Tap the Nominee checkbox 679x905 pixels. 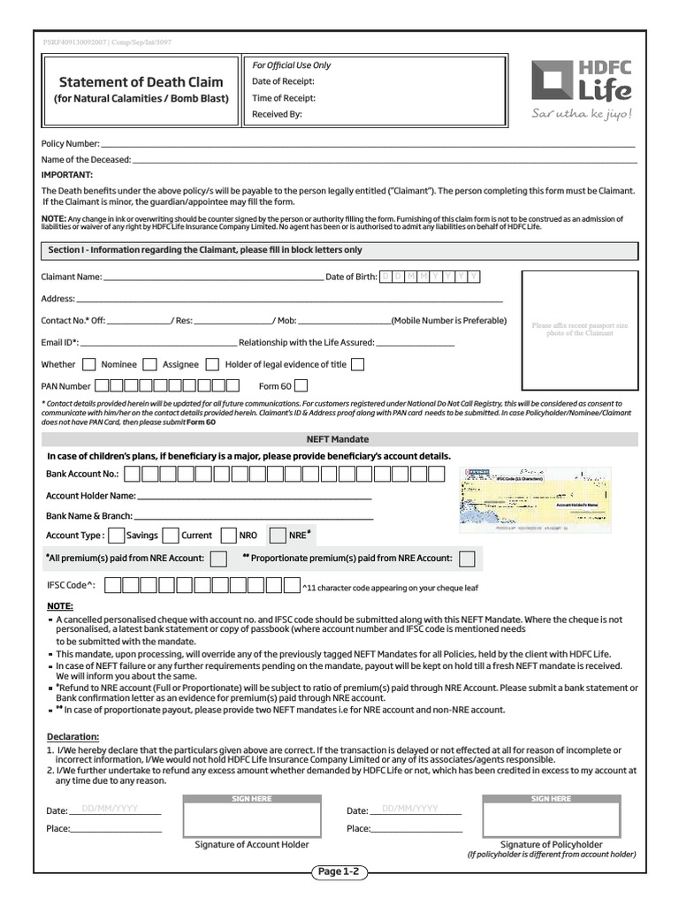pyautogui.click(x=89, y=364)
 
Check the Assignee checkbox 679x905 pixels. pyautogui.click(x=150, y=364)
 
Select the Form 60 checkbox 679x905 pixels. pyautogui.click(x=301, y=385)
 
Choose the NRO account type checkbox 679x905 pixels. pyautogui.click(x=228, y=535)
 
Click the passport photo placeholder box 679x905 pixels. pyautogui.click(x=579, y=329)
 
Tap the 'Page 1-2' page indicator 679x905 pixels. pyautogui.click(x=339, y=872)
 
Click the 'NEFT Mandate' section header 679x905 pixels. pyautogui.click(x=338, y=439)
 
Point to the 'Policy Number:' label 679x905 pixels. pyautogui.click(x=71, y=143)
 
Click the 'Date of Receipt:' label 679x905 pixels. pyautogui.click(x=283, y=81)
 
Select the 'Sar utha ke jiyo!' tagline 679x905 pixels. pyautogui.click(x=582, y=113)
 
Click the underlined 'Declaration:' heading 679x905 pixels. pyautogui.click(x=72, y=736)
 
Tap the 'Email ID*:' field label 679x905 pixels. pyautogui.click(x=60, y=342)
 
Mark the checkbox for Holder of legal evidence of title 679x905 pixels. pyautogui.click(x=357, y=364)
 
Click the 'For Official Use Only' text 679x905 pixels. pyautogui.click(x=292, y=65)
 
